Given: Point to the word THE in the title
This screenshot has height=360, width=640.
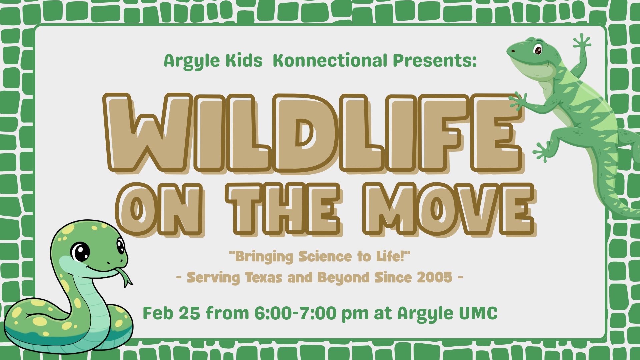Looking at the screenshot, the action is [283, 209].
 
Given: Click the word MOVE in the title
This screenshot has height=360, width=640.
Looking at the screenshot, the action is [449, 209].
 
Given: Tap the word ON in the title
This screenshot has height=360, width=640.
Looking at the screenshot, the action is [159, 209].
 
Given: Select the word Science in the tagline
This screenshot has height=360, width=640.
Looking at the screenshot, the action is [325, 257].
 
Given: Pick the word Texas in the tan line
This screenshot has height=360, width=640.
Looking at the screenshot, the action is [264, 277].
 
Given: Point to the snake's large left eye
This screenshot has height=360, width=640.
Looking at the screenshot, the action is [80, 252].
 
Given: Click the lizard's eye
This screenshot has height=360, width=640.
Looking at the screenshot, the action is [538, 49].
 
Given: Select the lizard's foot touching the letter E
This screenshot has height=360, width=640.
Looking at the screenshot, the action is [518, 101].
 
